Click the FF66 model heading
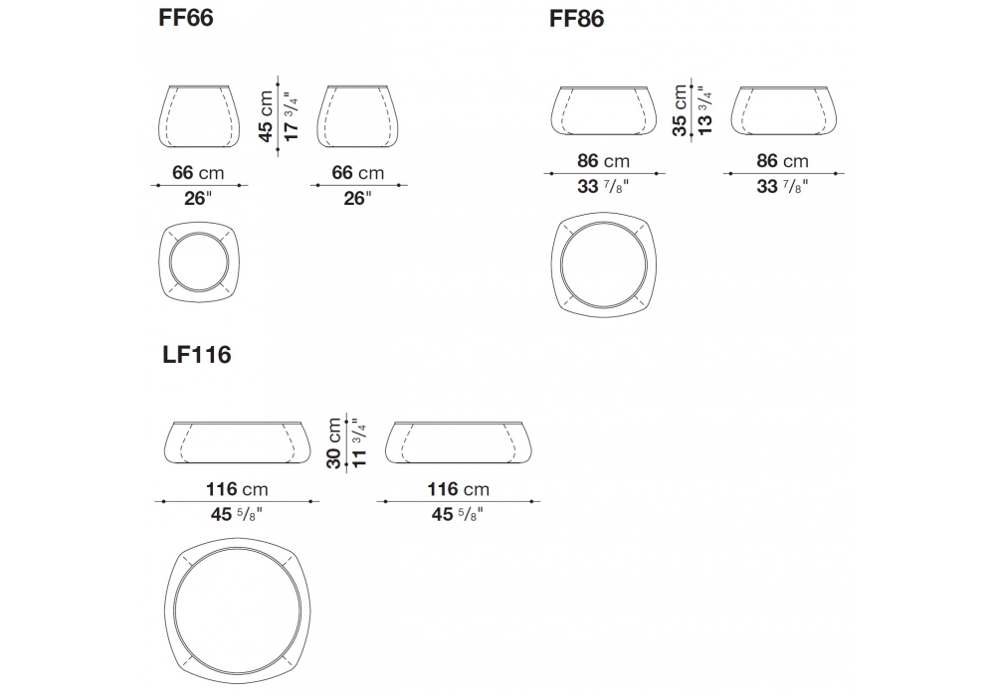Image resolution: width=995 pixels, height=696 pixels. click(186, 18)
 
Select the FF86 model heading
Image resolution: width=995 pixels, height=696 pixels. click(576, 19)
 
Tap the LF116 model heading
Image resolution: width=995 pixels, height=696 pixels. click(197, 355)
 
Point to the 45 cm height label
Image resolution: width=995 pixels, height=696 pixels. click(266, 116)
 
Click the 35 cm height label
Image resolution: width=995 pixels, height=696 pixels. click(681, 110)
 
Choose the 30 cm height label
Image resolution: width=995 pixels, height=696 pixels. click(333, 443)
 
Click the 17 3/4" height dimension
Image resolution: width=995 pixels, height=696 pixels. click(291, 117)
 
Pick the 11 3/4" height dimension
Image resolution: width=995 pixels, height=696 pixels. click(358, 443)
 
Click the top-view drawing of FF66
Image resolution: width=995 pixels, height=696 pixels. click(199, 261)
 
